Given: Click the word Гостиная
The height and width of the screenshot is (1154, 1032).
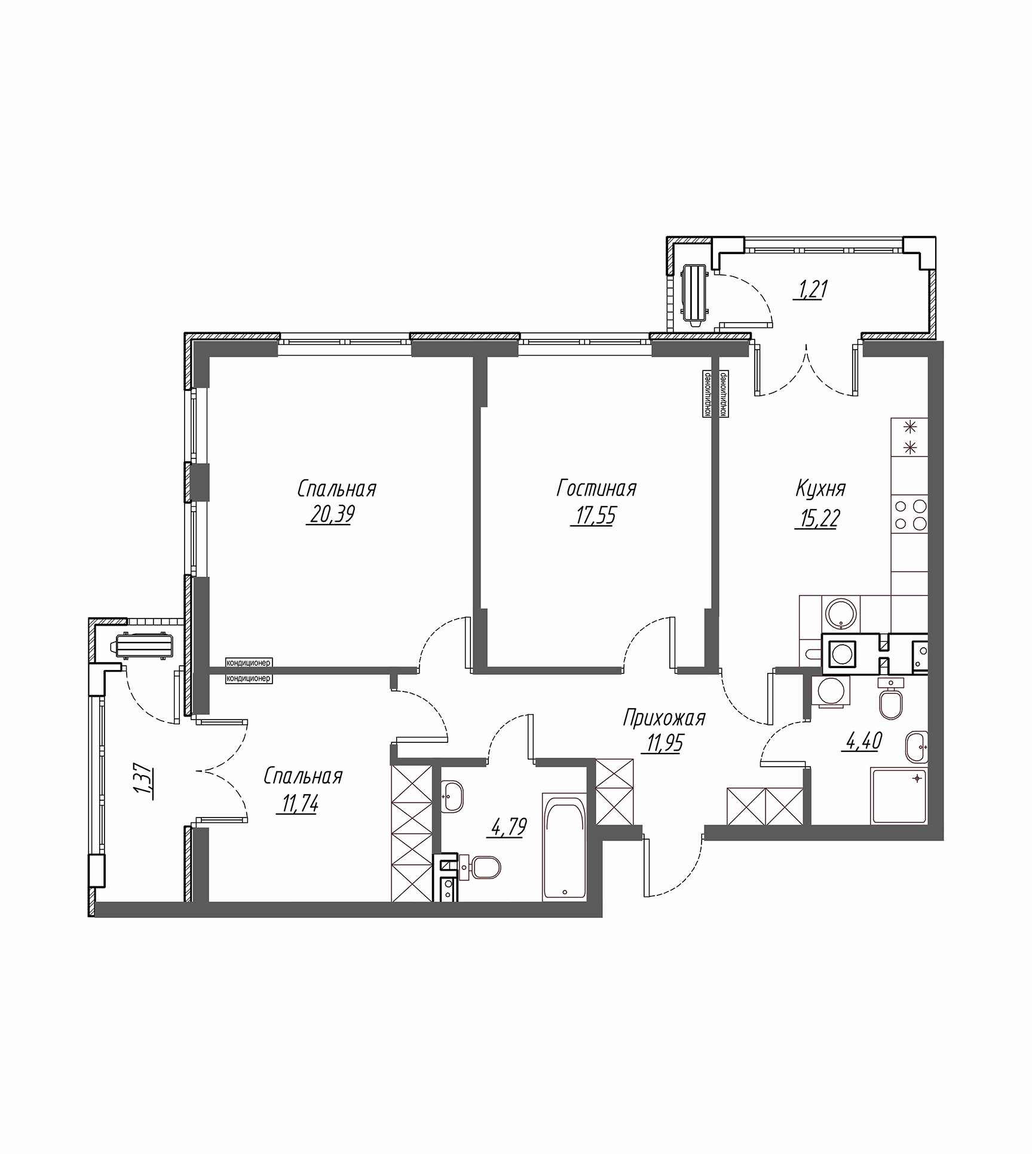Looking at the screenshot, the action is pyautogui.click(x=596, y=489).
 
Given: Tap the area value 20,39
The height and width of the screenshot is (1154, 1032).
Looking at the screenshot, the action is pyautogui.click(x=330, y=515).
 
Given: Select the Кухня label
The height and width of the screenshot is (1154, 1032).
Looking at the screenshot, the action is pyautogui.click(x=820, y=489).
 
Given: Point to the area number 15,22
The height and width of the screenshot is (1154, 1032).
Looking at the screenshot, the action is pyautogui.click(x=817, y=518).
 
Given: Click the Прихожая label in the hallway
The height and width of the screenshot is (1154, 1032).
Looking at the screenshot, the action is pyautogui.click(x=664, y=718).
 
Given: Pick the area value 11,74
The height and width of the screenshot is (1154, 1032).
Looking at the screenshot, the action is pyautogui.click(x=297, y=804).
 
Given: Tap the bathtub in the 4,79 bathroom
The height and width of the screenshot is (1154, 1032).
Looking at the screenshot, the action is pyautogui.click(x=565, y=846).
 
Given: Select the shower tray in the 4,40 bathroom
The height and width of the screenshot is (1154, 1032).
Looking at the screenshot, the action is pyautogui.click(x=899, y=797).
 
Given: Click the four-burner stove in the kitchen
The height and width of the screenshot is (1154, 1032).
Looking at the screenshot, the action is pyautogui.click(x=909, y=515).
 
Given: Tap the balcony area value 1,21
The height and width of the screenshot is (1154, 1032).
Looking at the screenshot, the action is pyautogui.click(x=810, y=290).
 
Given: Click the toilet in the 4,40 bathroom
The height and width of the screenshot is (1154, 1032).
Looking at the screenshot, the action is pyautogui.click(x=890, y=703).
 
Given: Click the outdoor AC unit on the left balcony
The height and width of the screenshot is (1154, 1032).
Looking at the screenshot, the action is pyautogui.click(x=142, y=646).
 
